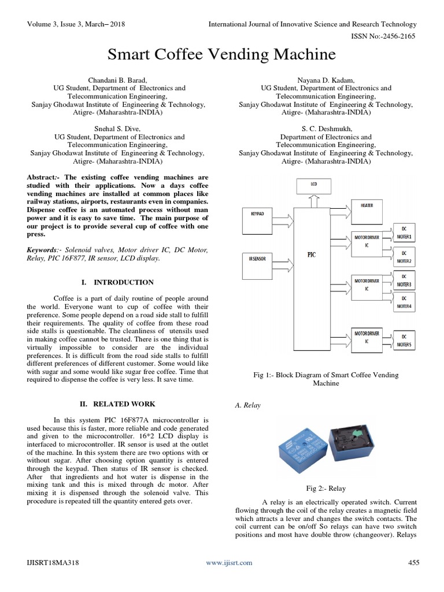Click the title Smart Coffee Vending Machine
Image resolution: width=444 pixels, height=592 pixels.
[221, 54]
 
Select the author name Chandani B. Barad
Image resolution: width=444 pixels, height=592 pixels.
[119, 79]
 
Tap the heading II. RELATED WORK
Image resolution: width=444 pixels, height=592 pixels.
[117, 404]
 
